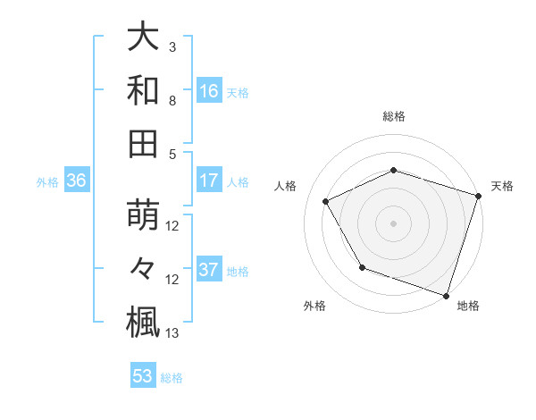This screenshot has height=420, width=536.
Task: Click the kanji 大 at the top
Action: point(143,38)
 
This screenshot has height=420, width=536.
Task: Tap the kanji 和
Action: point(143,90)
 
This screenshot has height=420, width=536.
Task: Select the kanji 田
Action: point(143,143)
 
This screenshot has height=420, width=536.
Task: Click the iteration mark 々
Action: point(143,269)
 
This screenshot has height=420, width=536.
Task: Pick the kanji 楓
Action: point(143,322)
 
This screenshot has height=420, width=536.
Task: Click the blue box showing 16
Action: point(209,91)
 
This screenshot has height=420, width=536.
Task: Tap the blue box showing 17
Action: point(209,181)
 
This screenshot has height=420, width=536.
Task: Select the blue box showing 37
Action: point(209,271)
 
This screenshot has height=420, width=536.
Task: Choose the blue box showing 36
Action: point(77,181)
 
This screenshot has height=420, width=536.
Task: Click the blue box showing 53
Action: point(143,376)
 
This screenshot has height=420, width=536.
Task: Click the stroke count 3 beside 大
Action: point(172,46)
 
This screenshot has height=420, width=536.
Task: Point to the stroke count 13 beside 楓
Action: point(173,333)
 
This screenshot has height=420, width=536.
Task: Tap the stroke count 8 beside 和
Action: point(172,101)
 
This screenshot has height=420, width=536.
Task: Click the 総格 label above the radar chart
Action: point(393,117)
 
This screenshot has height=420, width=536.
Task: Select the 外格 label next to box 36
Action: point(47,182)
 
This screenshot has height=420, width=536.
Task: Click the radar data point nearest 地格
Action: point(446,295)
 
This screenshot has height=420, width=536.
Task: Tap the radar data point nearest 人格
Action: point(325,202)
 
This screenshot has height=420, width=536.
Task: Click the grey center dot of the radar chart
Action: point(393,223)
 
